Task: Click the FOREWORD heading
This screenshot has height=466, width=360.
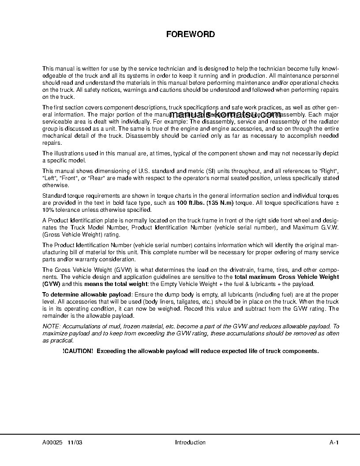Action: coord(191,34)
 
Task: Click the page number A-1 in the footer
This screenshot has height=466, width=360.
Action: coord(334,443)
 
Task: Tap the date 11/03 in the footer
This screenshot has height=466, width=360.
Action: coord(75,443)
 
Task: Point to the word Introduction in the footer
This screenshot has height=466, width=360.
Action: coord(190,443)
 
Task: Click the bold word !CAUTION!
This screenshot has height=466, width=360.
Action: coord(78,351)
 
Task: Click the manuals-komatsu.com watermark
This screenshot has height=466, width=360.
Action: coord(225,114)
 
